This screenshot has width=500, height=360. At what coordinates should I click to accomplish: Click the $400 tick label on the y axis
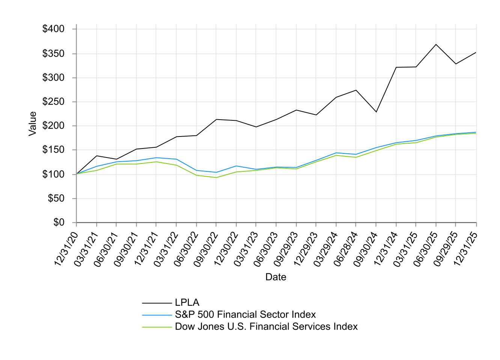pos(54,29)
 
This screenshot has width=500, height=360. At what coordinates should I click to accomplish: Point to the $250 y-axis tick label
pos(54,102)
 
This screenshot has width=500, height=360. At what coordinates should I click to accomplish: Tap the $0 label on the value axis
pos(59,222)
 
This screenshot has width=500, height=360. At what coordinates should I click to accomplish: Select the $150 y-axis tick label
pos(54,150)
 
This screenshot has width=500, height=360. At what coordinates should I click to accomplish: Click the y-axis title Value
pos(33,124)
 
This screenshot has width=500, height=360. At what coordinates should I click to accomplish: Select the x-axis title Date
pos(276,277)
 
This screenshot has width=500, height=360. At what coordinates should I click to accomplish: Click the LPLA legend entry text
pos(187,303)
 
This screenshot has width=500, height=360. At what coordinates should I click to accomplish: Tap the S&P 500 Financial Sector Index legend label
pos(245,315)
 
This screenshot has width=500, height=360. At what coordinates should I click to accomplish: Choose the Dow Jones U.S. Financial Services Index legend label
pos(266,327)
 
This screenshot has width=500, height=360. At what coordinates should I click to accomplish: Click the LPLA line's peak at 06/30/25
pos(436,44)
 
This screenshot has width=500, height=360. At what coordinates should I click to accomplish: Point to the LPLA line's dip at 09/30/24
pos(376,112)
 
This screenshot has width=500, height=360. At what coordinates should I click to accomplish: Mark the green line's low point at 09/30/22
pos(216,177)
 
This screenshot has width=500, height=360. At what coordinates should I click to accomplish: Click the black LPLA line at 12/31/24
pos(396,67)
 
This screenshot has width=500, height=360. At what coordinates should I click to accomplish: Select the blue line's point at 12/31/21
pos(156,157)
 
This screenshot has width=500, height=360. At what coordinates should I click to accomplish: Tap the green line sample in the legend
pos(157,327)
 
